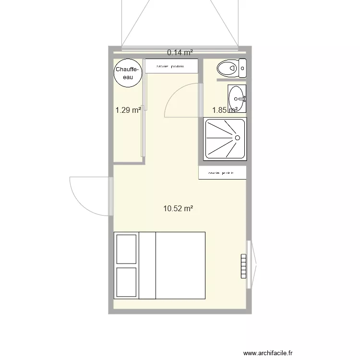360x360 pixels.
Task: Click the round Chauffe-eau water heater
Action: [x=128, y=73]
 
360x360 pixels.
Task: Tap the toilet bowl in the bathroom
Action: [x=227, y=68]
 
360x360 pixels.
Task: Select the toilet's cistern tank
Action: [x=242, y=68]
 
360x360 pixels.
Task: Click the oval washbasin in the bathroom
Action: [x=236, y=98]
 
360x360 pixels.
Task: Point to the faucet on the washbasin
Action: [x=244, y=98]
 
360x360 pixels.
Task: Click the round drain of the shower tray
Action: [x=237, y=138]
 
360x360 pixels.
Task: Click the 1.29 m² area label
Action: [x=128, y=110]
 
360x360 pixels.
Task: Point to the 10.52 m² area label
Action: [x=178, y=208]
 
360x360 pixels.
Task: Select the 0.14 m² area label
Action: [x=180, y=52]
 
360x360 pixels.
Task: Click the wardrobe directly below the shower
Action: [x=222, y=173]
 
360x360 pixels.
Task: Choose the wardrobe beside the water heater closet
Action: [x=171, y=66]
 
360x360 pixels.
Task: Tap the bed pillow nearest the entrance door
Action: [x=126, y=249]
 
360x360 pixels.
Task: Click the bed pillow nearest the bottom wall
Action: [x=126, y=282]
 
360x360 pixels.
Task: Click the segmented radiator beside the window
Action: [x=243, y=266]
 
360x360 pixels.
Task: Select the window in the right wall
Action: [x=249, y=264]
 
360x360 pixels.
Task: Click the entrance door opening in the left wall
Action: [x=111, y=196]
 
